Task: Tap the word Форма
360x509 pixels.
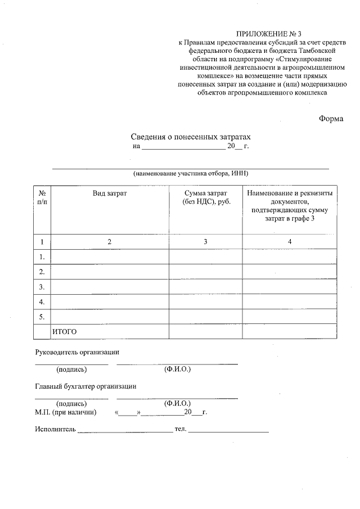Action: click(331, 119)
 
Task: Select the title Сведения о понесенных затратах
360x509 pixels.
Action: click(190, 137)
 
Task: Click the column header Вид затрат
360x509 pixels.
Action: click(110, 193)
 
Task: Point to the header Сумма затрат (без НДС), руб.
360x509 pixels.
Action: click(205, 197)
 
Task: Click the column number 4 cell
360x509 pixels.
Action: click(290, 241)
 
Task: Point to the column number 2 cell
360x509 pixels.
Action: click(110, 241)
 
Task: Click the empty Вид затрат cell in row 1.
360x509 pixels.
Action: click(110, 256)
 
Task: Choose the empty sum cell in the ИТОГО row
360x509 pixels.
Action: click(205, 332)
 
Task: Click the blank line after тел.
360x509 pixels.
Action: click(229, 431)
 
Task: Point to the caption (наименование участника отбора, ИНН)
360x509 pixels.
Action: click(191, 173)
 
